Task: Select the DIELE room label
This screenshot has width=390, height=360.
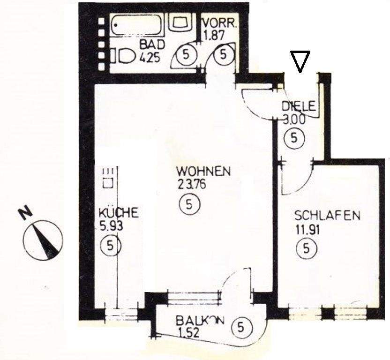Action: [x=300, y=106]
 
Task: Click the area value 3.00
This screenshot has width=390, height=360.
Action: [x=295, y=119]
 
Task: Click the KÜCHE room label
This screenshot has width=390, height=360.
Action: [x=119, y=213]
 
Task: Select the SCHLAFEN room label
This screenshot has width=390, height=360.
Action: [x=327, y=216]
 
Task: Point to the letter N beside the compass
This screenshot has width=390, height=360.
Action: [x=25, y=213]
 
